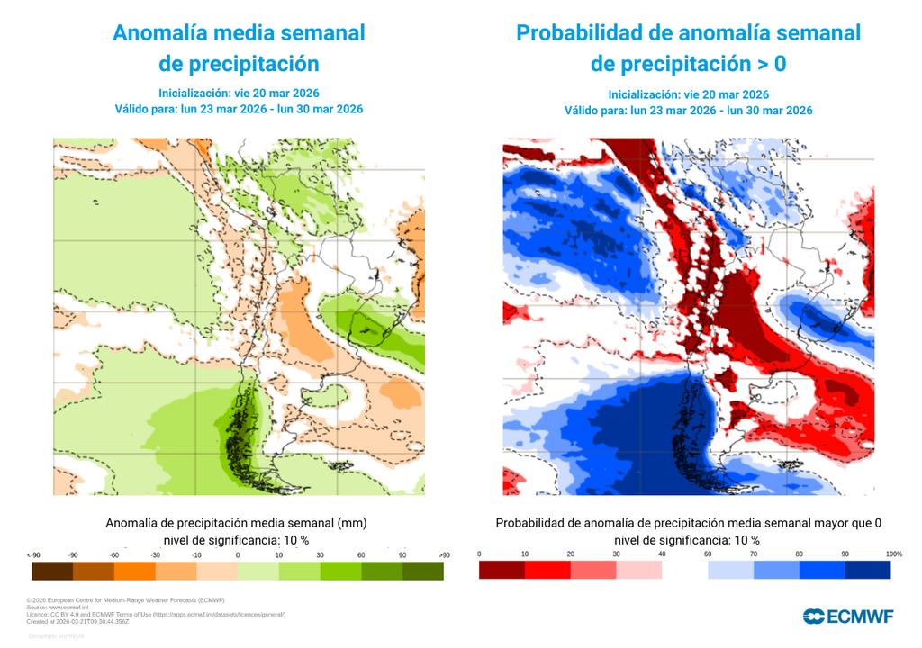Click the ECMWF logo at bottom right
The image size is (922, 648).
point(848,616)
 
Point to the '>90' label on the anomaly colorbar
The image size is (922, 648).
point(443,554)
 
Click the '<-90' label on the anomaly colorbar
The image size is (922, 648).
point(32,554)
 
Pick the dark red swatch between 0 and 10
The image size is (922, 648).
point(502,570)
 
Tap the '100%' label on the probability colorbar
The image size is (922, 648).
point(893,553)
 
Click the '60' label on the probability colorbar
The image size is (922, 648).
point(708,553)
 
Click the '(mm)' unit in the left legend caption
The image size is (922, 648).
point(354,523)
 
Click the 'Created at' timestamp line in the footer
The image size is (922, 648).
point(78,621)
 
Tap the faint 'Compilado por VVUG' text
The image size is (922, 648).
point(56,636)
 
